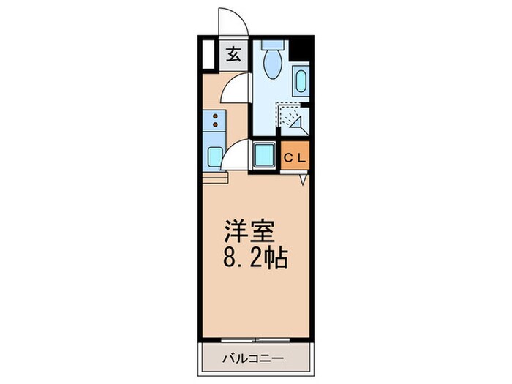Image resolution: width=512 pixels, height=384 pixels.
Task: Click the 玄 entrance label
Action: (x=233, y=56)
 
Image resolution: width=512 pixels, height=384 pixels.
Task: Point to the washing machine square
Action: (x=263, y=155)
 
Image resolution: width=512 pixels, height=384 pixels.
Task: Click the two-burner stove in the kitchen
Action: (x=215, y=119)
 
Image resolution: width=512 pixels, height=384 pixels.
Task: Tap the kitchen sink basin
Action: (x=215, y=157)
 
